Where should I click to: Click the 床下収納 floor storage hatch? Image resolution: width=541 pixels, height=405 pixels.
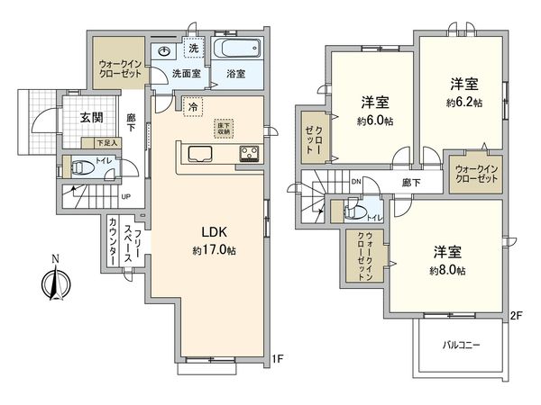pos(223,128)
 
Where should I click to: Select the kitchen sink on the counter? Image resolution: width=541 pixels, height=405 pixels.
pos(197,154)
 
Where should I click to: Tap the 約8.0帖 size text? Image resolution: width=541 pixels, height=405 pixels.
pos(447,270)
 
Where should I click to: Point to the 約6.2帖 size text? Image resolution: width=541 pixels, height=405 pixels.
pos(464,103)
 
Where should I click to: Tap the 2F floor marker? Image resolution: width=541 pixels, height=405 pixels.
pos(516,315)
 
